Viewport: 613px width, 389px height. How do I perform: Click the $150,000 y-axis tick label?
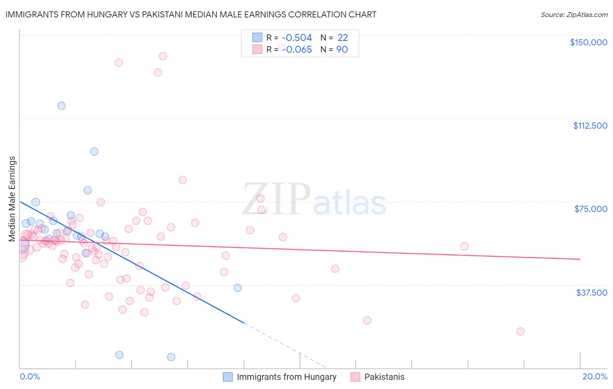(589, 42)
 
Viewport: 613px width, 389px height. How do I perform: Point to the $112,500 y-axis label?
(590, 126)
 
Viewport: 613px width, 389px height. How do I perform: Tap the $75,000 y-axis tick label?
(591, 209)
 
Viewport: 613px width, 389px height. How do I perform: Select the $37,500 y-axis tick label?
(592, 292)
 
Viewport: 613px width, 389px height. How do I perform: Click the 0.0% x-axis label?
(30, 376)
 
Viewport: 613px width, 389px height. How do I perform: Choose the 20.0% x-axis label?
(595, 376)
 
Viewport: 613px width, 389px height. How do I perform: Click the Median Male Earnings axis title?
(12, 198)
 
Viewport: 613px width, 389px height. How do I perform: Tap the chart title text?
(191, 14)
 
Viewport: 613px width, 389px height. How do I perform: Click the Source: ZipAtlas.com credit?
(574, 14)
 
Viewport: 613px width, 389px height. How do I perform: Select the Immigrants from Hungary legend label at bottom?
(286, 377)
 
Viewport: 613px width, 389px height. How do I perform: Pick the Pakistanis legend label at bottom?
(384, 377)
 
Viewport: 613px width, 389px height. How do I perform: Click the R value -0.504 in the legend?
(296, 38)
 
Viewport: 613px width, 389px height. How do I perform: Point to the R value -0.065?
(296, 50)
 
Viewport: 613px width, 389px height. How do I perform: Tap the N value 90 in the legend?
(342, 50)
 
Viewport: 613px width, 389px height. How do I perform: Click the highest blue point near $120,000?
(61, 106)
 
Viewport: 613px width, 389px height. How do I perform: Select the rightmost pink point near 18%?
(520, 331)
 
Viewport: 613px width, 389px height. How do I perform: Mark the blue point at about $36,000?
(238, 288)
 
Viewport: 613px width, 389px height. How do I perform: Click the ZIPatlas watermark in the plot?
(314, 200)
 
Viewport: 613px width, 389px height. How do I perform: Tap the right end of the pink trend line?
(580, 259)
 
